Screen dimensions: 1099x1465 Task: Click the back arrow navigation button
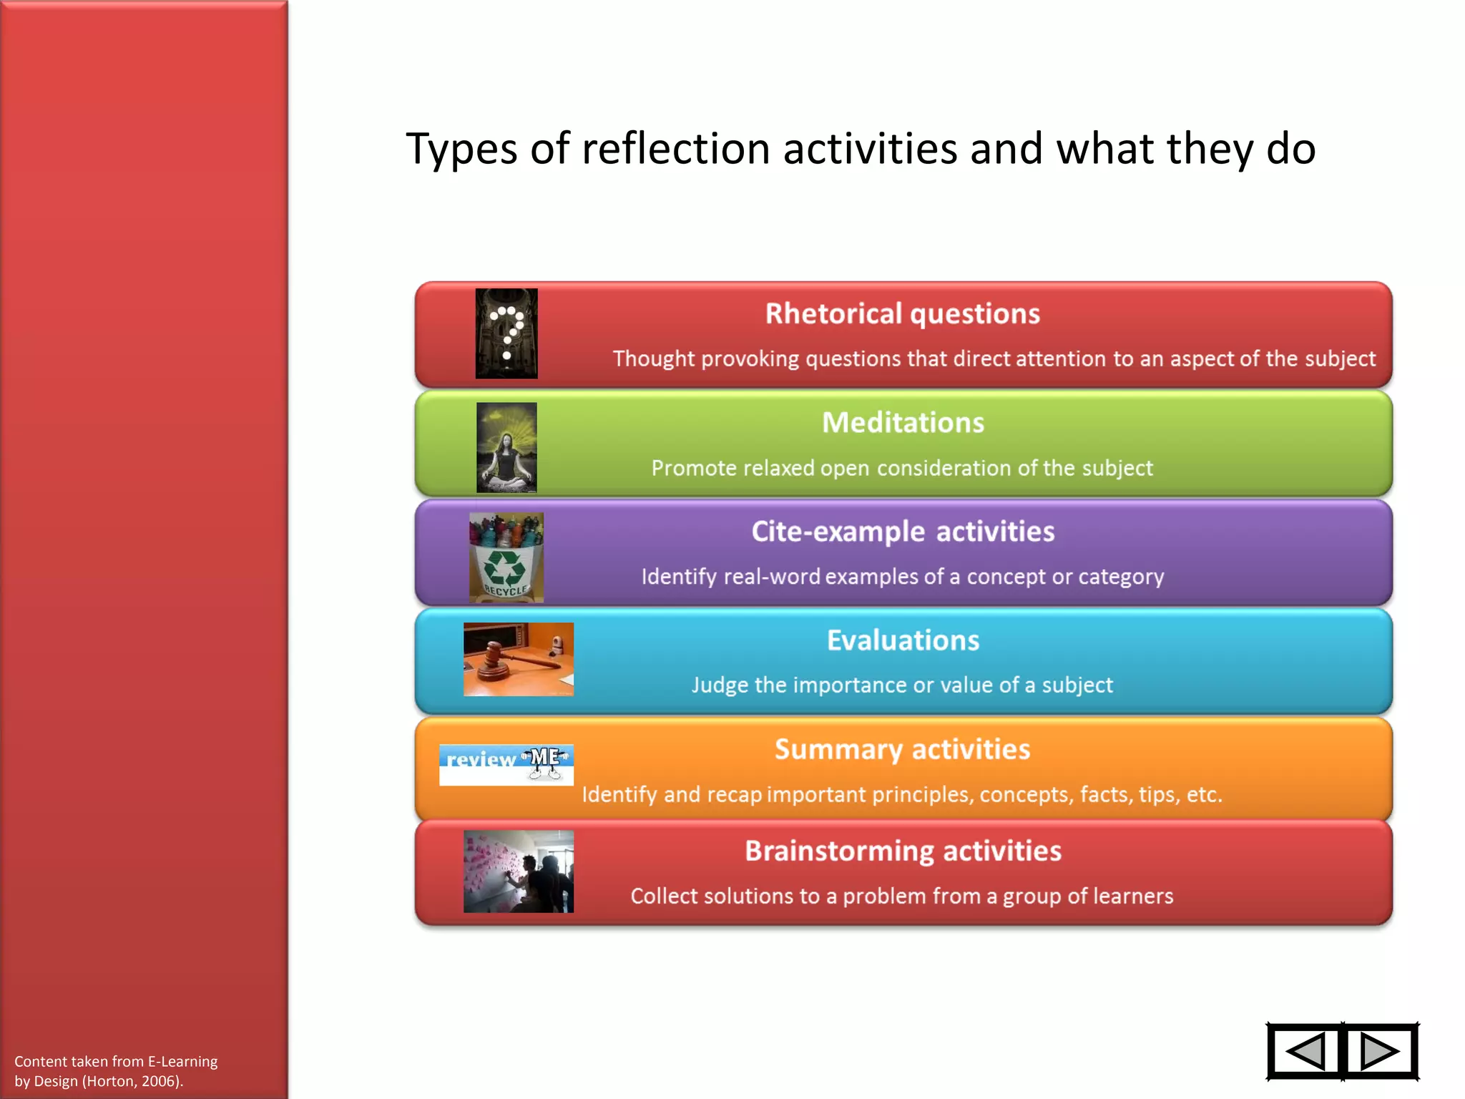point(1305,1051)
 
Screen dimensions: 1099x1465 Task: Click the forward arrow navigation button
point(1380,1051)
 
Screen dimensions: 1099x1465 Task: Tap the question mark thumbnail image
point(506,333)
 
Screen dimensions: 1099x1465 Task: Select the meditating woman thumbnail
point(506,447)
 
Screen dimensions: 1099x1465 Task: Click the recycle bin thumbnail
point(506,557)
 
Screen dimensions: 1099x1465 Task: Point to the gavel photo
point(519,659)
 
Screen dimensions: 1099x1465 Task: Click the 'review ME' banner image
point(506,764)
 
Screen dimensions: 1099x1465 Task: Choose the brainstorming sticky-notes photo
point(519,871)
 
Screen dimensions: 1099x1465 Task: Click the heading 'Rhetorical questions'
point(903,314)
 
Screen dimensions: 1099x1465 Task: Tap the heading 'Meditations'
point(903,423)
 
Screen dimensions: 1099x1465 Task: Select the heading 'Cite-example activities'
point(903,532)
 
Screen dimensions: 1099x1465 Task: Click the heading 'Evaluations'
point(903,640)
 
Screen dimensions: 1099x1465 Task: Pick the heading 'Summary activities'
point(903,749)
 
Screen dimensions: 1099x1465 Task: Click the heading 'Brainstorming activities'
point(903,851)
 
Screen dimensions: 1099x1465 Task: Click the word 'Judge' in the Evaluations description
point(720,685)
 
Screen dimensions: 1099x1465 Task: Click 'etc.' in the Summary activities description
point(1204,794)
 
